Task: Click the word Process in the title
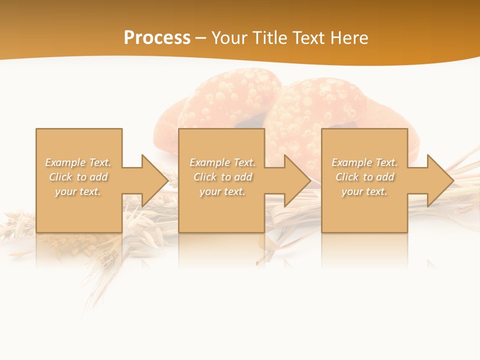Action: click(157, 38)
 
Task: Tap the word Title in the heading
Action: click(269, 38)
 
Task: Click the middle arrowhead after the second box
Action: click(294, 180)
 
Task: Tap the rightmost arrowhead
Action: click(437, 180)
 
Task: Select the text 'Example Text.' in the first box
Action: click(78, 162)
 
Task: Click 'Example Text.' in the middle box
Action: click(222, 162)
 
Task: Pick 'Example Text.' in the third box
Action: click(364, 162)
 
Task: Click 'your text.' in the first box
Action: click(78, 191)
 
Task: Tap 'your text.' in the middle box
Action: click(222, 191)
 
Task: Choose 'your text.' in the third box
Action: click(364, 191)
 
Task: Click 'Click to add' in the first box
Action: click(78, 177)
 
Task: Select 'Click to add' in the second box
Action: click(222, 177)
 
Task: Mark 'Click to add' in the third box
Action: click(364, 177)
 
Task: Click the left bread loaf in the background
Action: click(220, 100)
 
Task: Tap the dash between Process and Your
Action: click(200, 38)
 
